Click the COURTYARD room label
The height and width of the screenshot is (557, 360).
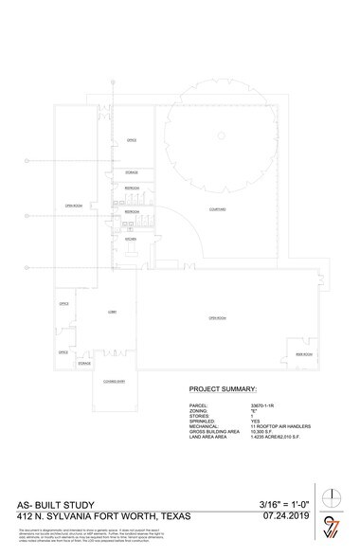pos(216,208)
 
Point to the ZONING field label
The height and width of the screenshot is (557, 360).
pos(199,408)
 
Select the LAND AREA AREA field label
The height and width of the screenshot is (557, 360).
pos(210,437)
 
